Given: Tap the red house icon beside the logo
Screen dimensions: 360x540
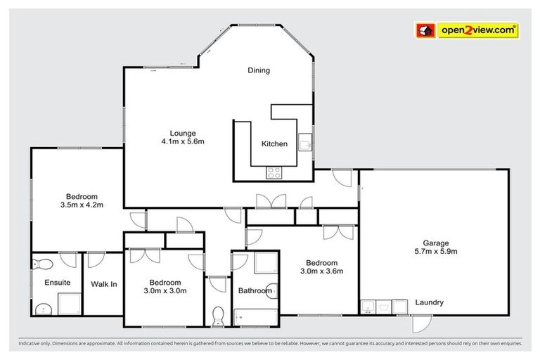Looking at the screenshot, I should (425, 30).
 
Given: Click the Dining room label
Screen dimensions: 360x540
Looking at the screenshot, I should (259, 70).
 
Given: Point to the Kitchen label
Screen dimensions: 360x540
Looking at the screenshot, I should (274, 144).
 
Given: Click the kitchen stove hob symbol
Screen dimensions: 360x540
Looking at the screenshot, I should (274, 172).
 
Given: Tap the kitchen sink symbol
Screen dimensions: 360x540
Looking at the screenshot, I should (306, 143).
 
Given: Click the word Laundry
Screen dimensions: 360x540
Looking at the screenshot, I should (429, 303).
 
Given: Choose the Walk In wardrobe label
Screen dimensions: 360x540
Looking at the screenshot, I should (103, 284).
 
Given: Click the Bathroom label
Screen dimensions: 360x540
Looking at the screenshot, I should (255, 290).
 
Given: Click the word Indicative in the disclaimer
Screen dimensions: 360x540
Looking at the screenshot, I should (24, 345).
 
